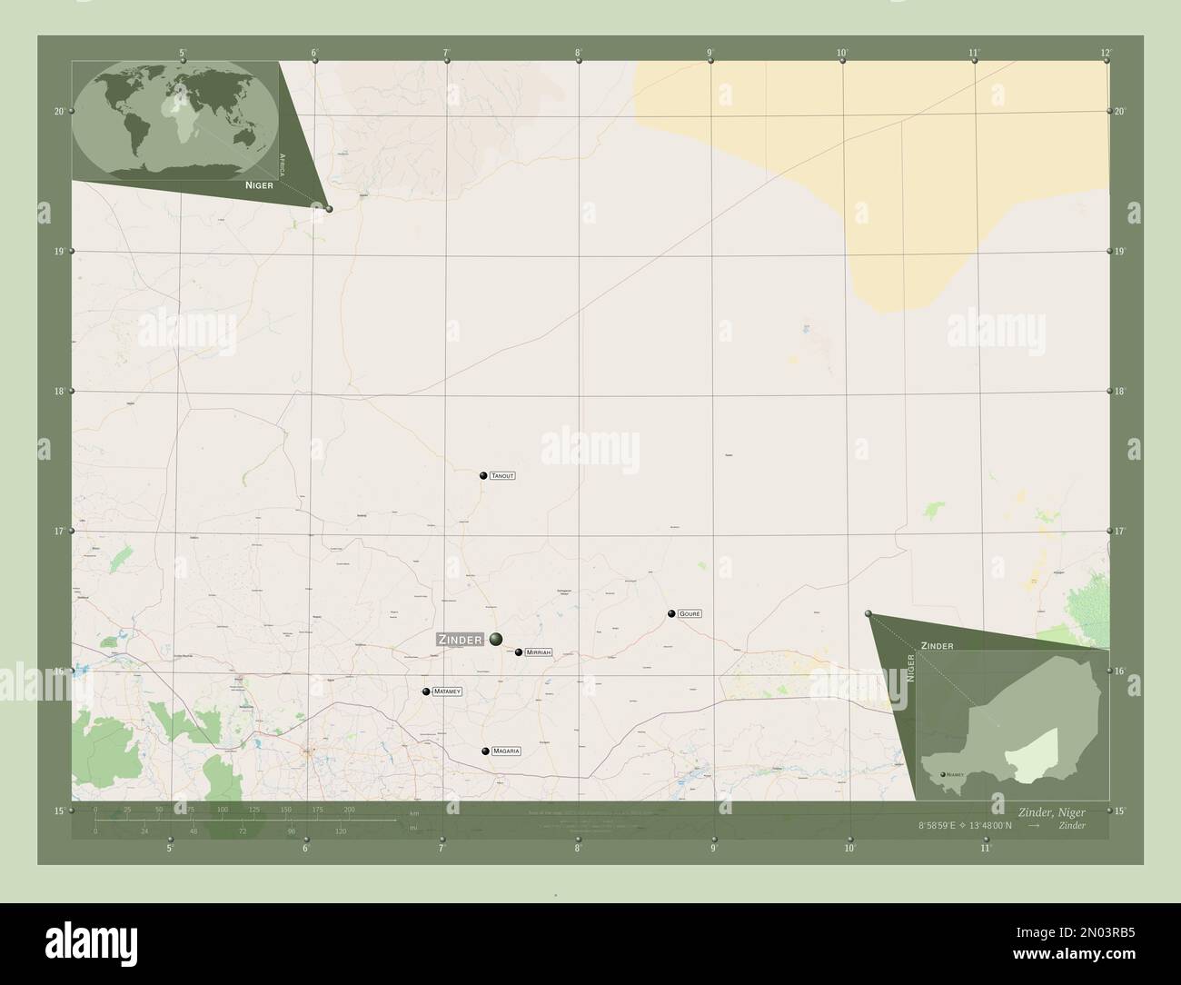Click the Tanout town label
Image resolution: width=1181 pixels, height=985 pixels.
pyautogui.click(x=502, y=475)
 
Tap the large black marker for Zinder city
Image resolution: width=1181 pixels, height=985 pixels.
pyautogui.click(x=495, y=640)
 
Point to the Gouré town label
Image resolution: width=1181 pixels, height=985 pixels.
pyautogui.click(x=690, y=614)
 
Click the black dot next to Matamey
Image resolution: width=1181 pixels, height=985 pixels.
pyautogui.click(x=425, y=691)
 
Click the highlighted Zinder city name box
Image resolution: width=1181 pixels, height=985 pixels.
pyautogui.click(x=461, y=640)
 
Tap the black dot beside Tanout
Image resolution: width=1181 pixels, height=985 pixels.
pyautogui.click(x=483, y=475)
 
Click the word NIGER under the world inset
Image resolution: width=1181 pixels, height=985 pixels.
pyautogui.click(x=259, y=184)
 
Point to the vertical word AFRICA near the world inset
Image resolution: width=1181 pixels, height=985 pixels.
pyautogui.click(x=283, y=164)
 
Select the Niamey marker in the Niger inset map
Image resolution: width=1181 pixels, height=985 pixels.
pyautogui.click(x=941, y=775)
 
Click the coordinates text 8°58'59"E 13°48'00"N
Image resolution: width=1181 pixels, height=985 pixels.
pyautogui.click(x=964, y=825)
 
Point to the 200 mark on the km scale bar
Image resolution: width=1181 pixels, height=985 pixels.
pyautogui.click(x=349, y=809)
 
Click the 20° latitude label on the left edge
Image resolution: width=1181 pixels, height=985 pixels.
pyautogui.click(x=59, y=112)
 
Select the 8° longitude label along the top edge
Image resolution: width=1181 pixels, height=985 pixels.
pyautogui.click(x=578, y=53)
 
